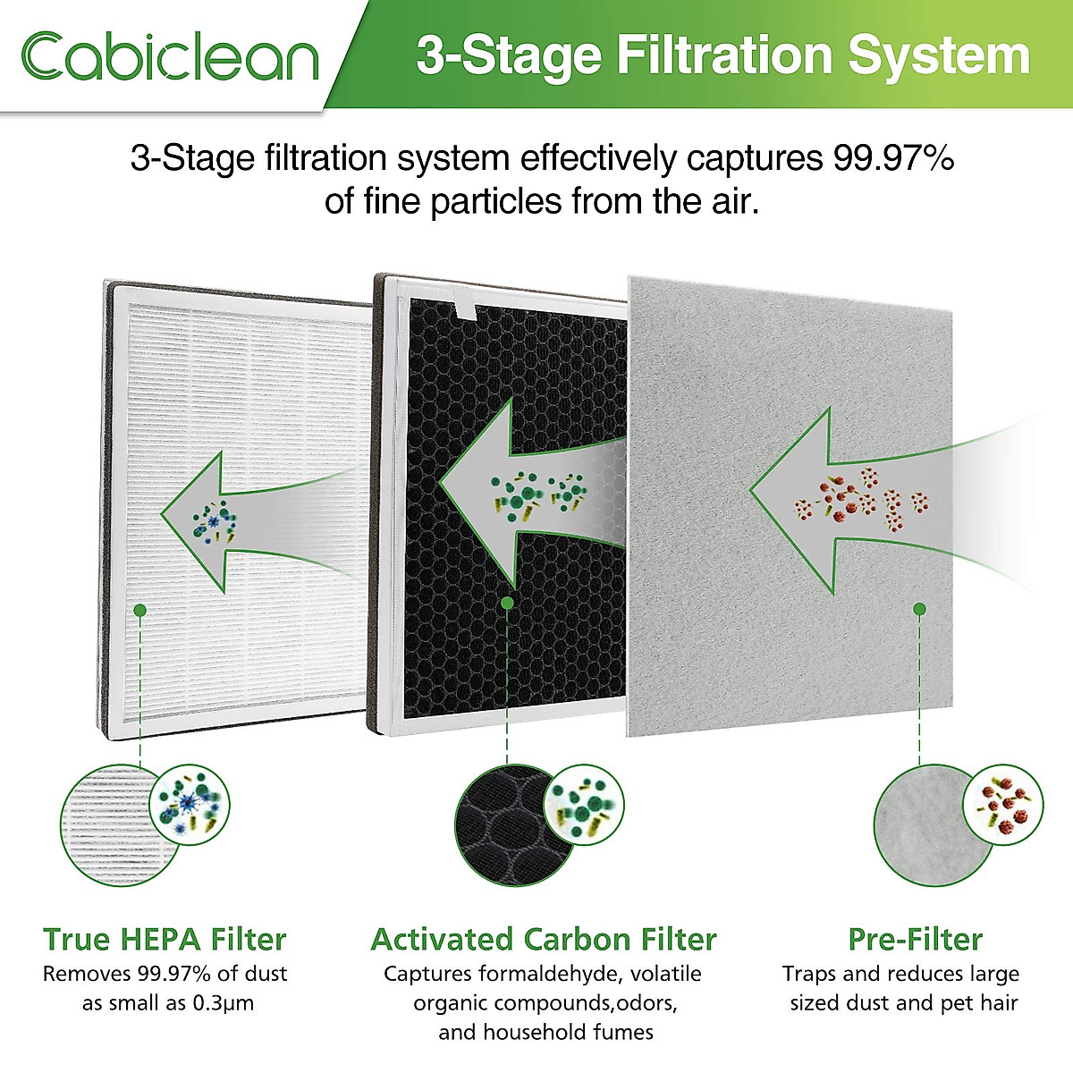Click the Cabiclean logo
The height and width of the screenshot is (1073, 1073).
(x=170, y=56)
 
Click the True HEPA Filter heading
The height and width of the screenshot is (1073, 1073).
(x=165, y=940)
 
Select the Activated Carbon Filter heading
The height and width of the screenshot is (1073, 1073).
(x=544, y=940)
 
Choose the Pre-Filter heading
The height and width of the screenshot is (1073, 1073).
(x=915, y=940)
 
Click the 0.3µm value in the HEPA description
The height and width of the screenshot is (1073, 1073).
(x=223, y=1003)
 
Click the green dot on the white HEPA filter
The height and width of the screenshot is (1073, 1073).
(x=139, y=610)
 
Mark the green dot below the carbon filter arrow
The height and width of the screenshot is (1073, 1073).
(x=507, y=603)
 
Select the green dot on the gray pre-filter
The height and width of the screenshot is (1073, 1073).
(x=919, y=609)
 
